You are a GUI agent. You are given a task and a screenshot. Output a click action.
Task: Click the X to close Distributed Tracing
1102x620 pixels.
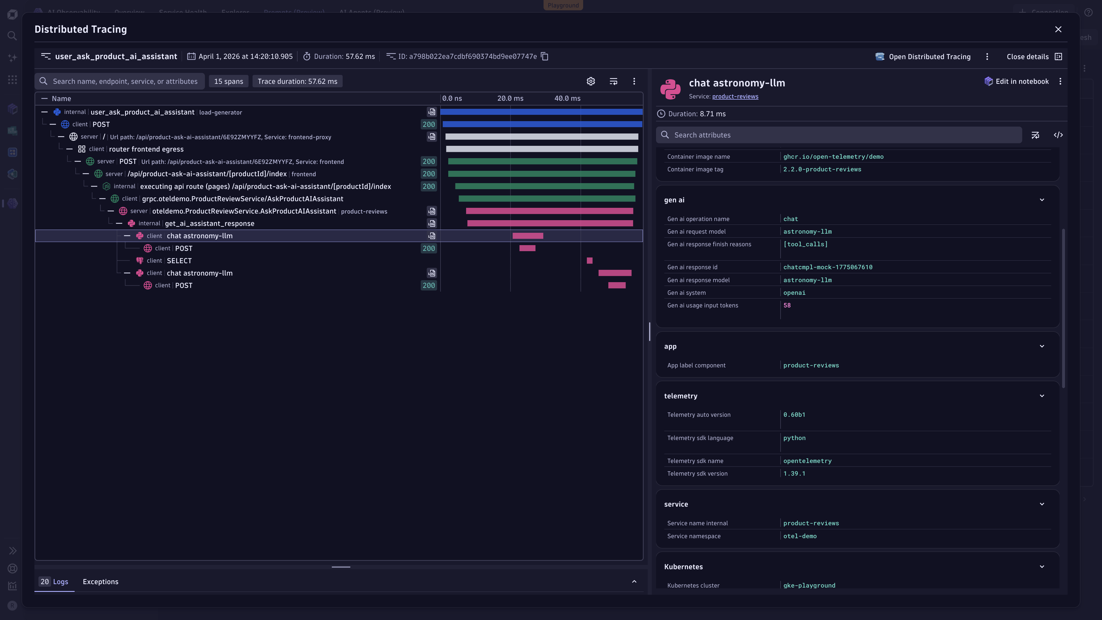tap(1058, 29)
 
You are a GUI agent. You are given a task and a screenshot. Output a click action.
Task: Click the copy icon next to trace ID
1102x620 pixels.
tap(545, 57)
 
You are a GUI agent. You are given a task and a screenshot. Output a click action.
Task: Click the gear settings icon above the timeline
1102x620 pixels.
tap(590, 81)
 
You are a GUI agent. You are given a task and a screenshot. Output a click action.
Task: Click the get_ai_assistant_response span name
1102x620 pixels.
tap(209, 223)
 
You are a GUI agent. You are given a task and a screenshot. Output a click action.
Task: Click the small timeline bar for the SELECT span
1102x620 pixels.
tap(589, 261)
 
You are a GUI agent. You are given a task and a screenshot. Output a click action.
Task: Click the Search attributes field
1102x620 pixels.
tap(839, 135)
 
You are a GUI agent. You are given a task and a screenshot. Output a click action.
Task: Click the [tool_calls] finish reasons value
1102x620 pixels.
tap(805, 244)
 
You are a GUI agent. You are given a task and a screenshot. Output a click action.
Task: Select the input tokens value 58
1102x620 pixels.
tap(787, 305)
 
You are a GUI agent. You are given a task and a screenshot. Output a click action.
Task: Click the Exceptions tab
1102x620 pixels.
tap(100, 582)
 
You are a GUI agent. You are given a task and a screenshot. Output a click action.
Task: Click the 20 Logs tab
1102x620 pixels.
tap(54, 582)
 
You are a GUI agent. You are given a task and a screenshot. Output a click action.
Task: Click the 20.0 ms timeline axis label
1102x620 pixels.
tap(510, 98)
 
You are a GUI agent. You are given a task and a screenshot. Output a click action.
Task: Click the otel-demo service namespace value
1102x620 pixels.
tap(800, 536)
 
